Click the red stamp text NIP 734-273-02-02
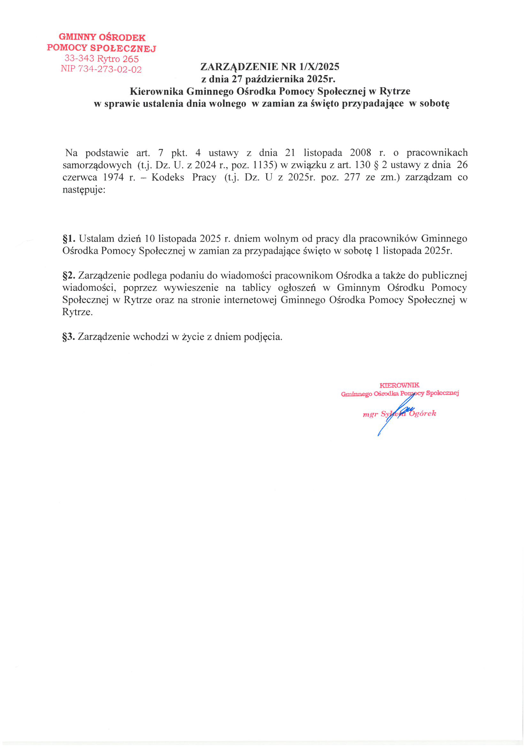tap(101, 69)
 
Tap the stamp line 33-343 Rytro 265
tap(102, 58)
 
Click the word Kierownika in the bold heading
tap(157, 91)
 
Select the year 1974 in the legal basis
tap(114, 177)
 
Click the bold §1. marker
tap(69, 239)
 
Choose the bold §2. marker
tap(69, 275)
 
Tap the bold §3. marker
tap(69, 337)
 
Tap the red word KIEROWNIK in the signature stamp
tap(400, 385)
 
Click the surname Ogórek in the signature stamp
tap(423, 413)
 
